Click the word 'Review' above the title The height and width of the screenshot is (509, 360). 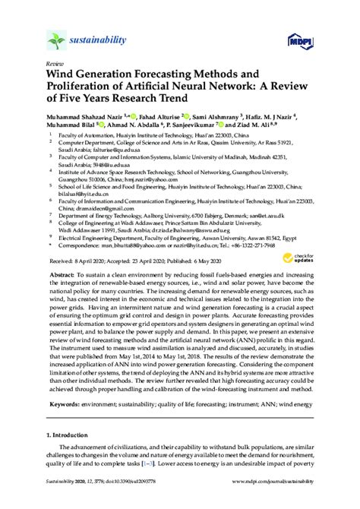point(55,65)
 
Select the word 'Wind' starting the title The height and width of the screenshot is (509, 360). point(62,75)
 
